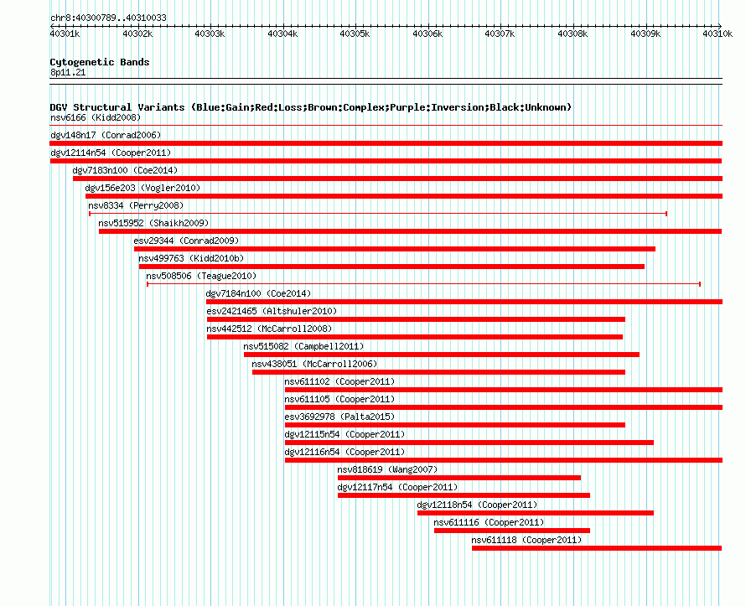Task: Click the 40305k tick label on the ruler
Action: [x=355, y=34]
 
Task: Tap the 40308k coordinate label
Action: [x=572, y=34]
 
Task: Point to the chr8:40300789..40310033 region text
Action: [x=108, y=18]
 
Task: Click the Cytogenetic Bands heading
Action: [x=100, y=62]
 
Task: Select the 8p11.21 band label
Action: [x=68, y=72]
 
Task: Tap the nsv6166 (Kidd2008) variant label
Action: [x=96, y=117]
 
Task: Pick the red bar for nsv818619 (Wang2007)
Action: [x=459, y=478]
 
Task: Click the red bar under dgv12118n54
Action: [x=536, y=513]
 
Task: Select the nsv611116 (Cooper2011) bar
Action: [x=512, y=531]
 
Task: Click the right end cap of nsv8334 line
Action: [x=666, y=214]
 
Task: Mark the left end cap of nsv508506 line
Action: [x=148, y=284]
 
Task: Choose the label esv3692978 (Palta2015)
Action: [x=339, y=417]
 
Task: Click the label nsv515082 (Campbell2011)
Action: [x=303, y=346]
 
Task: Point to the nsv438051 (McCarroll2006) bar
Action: [x=438, y=372]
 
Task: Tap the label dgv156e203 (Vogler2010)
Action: [x=142, y=188]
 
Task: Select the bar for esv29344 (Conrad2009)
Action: [x=395, y=249]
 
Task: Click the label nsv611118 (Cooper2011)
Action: [x=526, y=540]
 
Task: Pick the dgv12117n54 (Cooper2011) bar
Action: [x=464, y=495]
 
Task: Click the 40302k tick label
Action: [x=137, y=34]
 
